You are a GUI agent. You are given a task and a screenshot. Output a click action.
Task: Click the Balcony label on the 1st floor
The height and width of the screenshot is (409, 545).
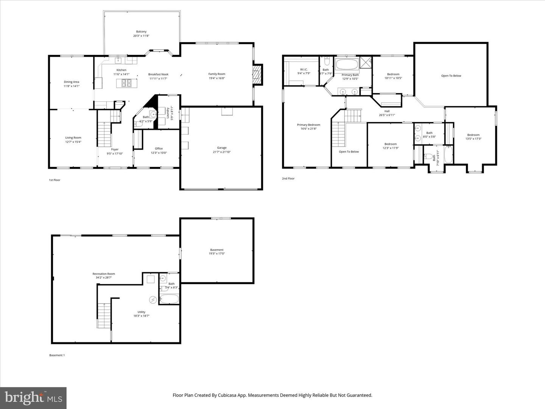141,32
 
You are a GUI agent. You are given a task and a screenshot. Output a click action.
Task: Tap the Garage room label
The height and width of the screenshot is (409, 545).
222,148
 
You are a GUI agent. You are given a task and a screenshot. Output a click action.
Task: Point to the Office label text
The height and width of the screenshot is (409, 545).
159,148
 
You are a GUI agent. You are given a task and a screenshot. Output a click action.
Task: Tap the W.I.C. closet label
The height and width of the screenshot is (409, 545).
304,69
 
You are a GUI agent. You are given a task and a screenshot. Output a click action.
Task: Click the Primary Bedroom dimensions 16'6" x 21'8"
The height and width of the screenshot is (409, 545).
308,129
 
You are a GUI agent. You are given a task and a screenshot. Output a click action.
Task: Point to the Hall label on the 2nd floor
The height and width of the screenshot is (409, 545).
387,111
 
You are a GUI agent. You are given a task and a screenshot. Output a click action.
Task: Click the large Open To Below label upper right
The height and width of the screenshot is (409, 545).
451,76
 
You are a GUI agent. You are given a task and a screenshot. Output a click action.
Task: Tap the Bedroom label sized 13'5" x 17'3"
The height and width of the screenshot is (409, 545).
473,135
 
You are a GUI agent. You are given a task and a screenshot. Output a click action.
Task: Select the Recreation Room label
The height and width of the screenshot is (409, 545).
104,274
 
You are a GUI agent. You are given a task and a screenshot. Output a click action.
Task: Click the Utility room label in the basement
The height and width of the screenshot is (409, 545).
141,312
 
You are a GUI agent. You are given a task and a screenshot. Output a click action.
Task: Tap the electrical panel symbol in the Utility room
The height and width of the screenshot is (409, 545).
153,300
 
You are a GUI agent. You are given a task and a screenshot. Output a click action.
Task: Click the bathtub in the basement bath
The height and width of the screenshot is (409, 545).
169,299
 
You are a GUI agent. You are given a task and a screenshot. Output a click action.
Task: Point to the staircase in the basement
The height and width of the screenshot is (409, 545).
104,315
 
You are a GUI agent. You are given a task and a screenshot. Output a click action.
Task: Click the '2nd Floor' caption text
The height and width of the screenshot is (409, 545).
288,178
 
